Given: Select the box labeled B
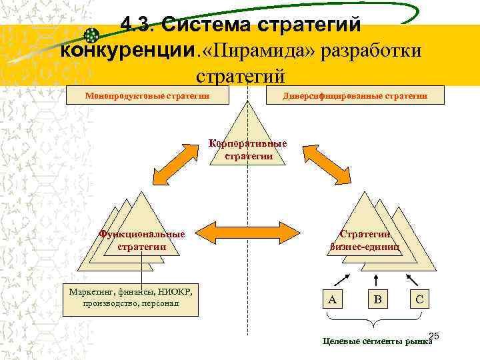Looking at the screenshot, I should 377,300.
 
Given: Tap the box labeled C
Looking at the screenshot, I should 419,300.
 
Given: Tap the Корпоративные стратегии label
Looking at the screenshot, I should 248,150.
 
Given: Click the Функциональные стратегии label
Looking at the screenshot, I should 141,241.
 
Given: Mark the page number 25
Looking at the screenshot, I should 434,335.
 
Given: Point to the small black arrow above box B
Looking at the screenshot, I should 377,279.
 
